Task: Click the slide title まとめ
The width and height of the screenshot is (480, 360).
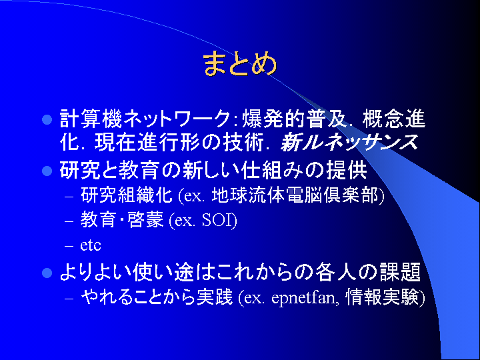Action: click(x=240, y=64)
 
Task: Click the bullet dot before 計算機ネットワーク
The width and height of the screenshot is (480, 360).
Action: click(x=47, y=120)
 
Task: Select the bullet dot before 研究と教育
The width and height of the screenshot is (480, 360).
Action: click(x=47, y=171)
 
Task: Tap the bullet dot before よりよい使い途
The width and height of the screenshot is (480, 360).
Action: click(x=47, y=273)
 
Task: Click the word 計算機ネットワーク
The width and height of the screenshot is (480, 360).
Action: click(x=145, y=119)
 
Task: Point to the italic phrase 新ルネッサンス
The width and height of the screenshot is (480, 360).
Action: click(x=349, y=143)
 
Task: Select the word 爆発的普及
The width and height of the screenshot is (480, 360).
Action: click(x=295, y=119)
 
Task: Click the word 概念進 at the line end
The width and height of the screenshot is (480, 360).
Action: click(x=394, y=119)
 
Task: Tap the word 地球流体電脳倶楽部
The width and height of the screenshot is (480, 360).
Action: click(x=295, y=195)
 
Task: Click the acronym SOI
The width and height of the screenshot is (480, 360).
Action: click(x=217, y=220)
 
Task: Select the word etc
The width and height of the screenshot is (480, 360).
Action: click(x=91, y=245)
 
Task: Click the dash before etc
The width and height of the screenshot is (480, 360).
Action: click(x=69, y=246)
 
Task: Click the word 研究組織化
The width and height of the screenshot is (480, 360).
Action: click(x=127, y=195)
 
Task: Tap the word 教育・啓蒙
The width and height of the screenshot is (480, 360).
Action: click(x=122, y=220)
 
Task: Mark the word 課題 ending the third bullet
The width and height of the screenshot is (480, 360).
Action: click(x=400, y=272)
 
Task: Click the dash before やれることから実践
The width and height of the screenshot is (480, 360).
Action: click(x=69, y=298)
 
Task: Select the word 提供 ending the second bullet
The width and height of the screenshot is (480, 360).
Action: click(x=346, y=170)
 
